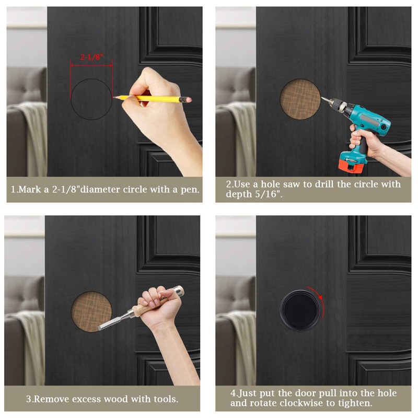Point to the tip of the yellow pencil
pyautogui.click(x=114, y=97)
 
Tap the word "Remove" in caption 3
pyautogui.click(x=51, y=399)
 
